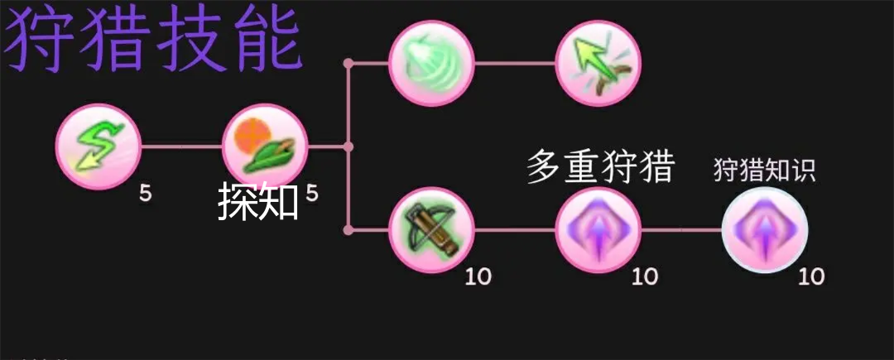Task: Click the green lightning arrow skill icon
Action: (x=98, y=146)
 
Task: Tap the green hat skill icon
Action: (x=265, y=146)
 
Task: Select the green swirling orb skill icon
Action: (x=431, y=63)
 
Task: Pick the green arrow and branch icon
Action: (x=598, y=63)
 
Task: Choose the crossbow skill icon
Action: (x=431, y=230)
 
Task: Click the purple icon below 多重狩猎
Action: (x=598, y=230)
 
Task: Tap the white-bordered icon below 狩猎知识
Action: (x=765, y=230)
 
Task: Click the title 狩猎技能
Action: (x=153, y=40)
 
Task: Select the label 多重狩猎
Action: (x=600, y=166)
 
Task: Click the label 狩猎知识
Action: (x=765, y=170)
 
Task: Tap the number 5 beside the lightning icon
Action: (x=146, y=194)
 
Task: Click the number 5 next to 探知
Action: (x=312, y=194)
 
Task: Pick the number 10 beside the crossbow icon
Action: (x=478, y=277)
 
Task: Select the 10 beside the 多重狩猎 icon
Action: (x=645, y=277)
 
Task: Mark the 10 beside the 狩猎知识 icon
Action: (x=811, y=277)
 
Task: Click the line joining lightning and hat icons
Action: (x=181, y=146)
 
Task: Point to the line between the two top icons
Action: (x=515, y=63)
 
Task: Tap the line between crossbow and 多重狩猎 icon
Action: (x=515, y=230)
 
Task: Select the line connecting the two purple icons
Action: (x=681, y=230)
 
